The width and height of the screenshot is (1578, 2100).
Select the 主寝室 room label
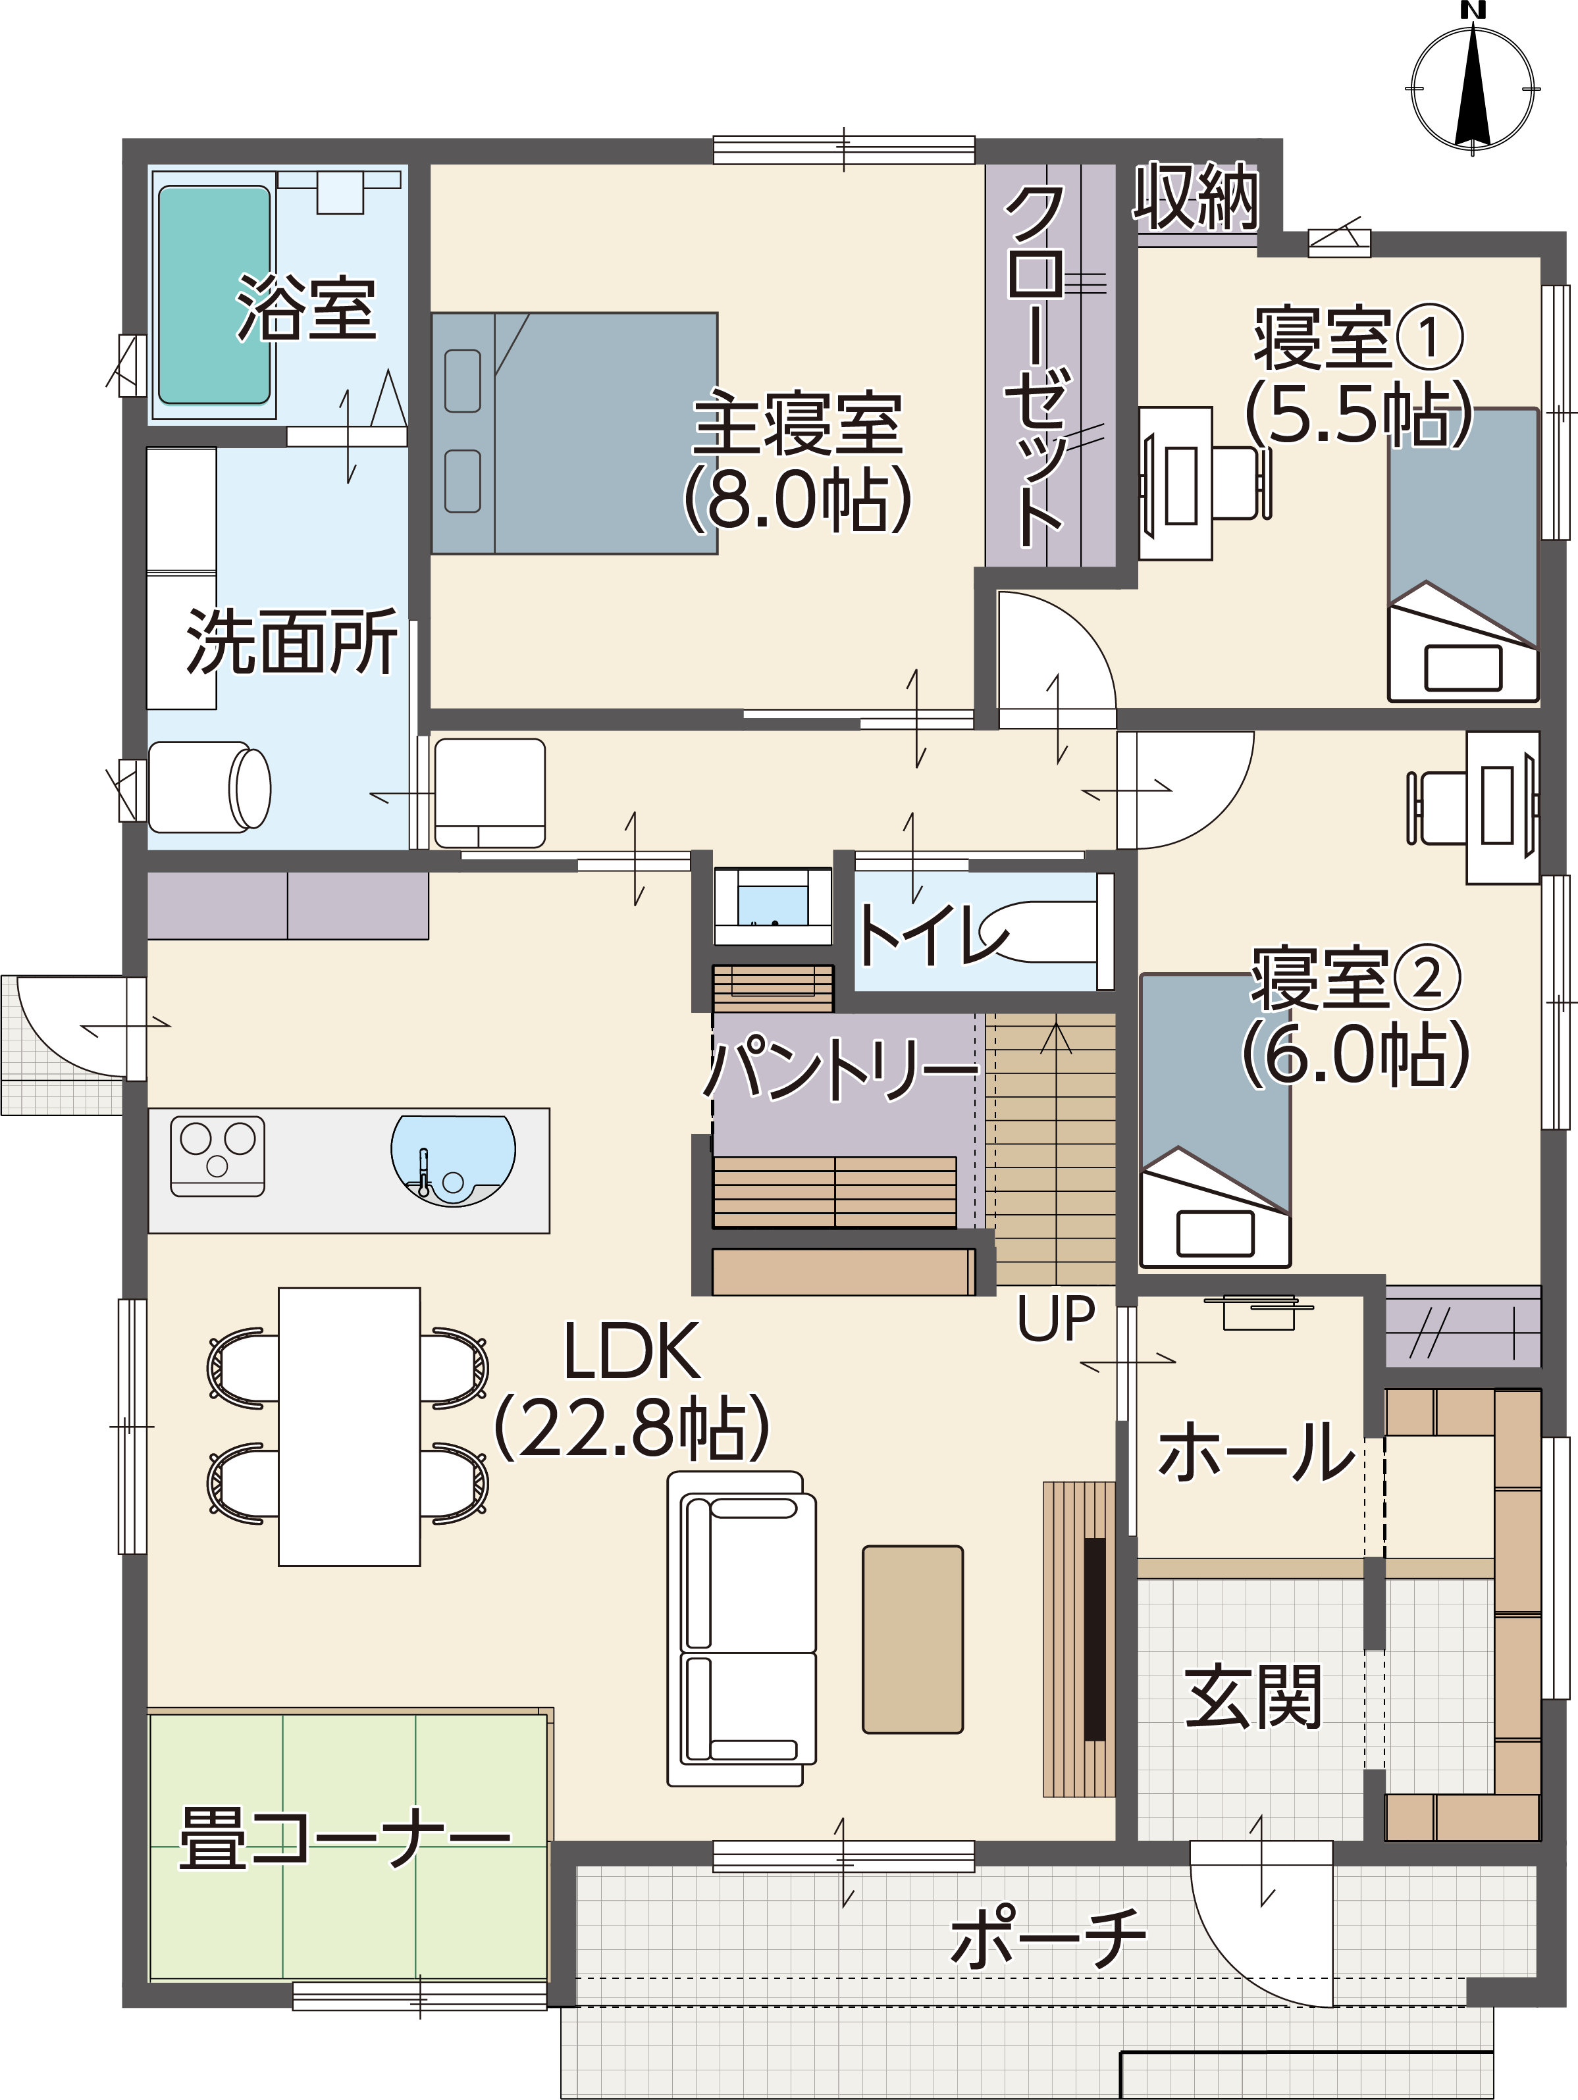tap(797, 423)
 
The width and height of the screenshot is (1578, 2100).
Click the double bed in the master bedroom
tap(575, 433)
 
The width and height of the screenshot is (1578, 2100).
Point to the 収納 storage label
tap(1196, 197)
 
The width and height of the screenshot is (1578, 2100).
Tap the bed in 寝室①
tap(1463, 555)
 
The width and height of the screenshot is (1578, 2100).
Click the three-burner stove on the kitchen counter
tap(217, 1156)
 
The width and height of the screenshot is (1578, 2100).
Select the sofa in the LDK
tap(741, 1628)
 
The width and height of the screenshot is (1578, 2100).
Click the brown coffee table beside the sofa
tap(912, 1639)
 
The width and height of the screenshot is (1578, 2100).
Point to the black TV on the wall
tap(1095, 1639)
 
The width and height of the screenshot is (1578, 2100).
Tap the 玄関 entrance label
tap(1253, 1697)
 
